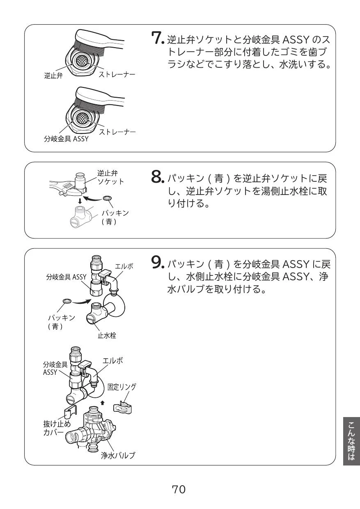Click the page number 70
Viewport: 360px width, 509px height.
(179, 489)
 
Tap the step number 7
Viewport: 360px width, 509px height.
(157, 39)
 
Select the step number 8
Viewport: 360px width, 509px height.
(157, 177)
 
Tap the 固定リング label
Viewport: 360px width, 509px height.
(122, 387)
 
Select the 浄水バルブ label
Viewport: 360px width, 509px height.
(118, 455)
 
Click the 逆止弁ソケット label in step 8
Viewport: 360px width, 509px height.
(110, 177)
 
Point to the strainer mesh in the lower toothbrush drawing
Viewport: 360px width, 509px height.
(80, 119)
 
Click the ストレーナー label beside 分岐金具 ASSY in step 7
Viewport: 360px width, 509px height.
(117, 131)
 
